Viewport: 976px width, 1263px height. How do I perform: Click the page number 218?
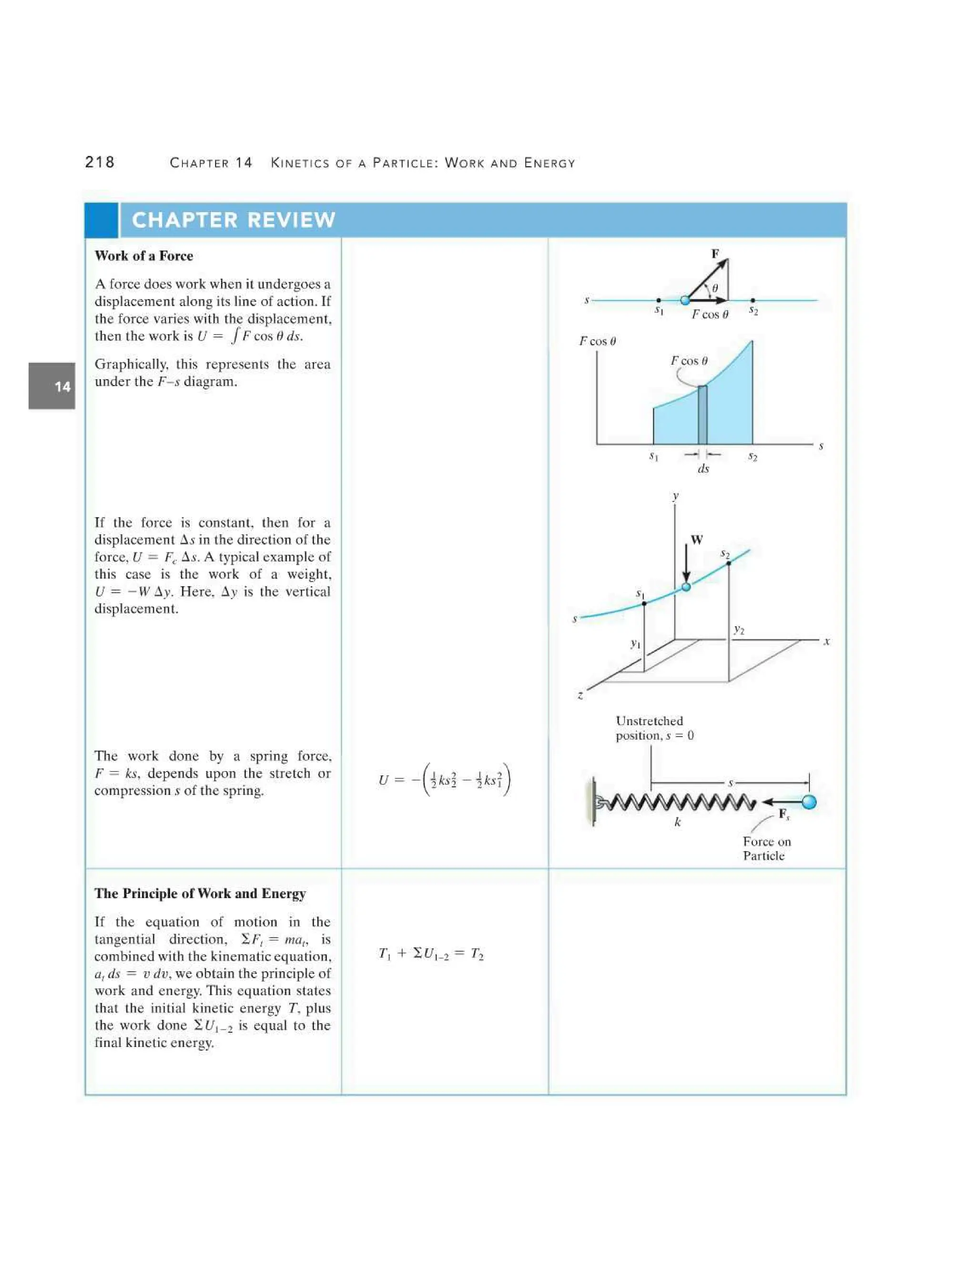(x=100, y=162)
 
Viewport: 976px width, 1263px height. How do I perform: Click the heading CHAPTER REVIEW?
(x=233, y=220)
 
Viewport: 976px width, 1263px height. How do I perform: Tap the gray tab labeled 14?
(x=52, y=387)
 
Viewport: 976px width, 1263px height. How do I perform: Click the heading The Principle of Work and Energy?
(x=200, y=894)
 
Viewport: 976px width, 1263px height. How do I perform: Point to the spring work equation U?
(x=444, y=780)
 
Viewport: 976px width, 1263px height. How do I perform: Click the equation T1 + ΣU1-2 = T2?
(x=431, y=954)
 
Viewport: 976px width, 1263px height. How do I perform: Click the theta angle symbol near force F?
(x=715, y=288)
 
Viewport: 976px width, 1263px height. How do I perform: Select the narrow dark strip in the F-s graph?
(x=702, y=415)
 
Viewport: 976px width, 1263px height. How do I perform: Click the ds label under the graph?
(x=703, y=469)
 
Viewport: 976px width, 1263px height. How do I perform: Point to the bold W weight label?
(x=697, y=540)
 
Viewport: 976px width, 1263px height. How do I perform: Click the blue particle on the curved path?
(x=686, y=586)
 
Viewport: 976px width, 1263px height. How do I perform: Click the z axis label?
(x=580, y=695)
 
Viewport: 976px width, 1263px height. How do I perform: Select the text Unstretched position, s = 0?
(x=654, y=728)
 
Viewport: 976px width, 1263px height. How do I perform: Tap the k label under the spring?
(x=678, y=822)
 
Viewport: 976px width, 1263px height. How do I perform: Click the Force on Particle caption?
(x=766, y=848)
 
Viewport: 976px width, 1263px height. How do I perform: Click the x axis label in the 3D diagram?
(x=827, y=642)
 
